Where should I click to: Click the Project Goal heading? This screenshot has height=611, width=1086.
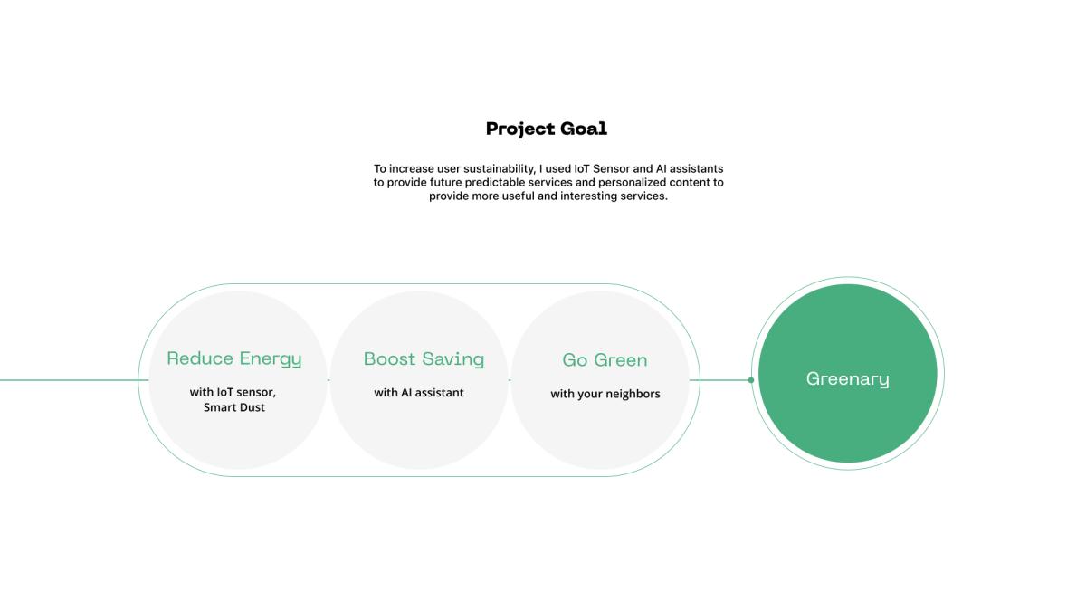pos(547,129)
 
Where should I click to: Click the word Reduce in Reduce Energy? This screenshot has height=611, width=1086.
pos(200,358)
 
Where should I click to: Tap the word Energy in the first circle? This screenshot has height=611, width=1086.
pos(271,359)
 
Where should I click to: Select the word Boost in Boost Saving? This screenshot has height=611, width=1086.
pos(390,358)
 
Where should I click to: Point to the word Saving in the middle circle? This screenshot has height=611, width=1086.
pos(453,360)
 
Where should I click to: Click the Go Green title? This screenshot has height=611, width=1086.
pos(605,360)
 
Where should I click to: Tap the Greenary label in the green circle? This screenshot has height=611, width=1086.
pos(848,379)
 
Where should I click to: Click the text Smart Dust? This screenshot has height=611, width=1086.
pos(234,407)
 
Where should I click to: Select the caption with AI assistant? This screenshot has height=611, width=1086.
pos(419,393)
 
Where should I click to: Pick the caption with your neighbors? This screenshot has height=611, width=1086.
pos(605,394)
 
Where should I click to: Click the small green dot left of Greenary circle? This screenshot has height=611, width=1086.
pos(751,380)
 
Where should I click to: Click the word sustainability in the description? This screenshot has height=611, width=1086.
pos(500,168)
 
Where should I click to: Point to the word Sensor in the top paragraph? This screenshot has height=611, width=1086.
pos(611,168)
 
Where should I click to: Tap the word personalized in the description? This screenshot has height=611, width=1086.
pos(633,182)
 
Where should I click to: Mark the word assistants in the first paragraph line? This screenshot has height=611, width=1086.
pos(696,168)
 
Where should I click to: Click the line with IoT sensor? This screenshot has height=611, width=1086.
pos(233,392)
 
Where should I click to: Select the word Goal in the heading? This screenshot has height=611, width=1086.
pos(584,129)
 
